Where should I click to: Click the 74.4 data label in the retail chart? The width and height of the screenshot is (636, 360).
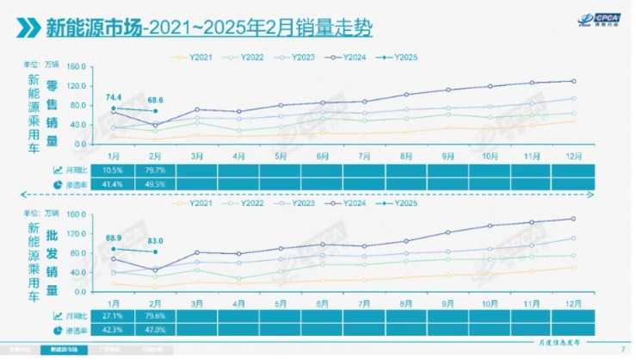[x=113, y=100]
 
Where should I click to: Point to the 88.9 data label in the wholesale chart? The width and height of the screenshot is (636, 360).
[x=113, y=238]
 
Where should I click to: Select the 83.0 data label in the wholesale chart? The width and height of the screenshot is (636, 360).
[x=155, y=242]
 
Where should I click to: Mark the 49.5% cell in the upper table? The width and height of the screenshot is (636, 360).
[x=155, y=184]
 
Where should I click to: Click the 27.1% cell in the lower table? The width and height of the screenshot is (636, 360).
[x=113, y=314]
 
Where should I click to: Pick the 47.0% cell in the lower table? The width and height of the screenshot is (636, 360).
[x=155, y=329]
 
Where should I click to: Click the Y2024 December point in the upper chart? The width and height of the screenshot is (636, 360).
[x=574, y=81]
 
